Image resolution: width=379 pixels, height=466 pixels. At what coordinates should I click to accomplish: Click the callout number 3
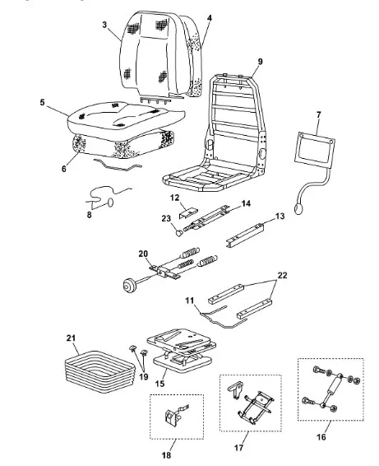[104, 25]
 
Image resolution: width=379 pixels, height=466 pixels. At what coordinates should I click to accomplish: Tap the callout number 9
[260, 62]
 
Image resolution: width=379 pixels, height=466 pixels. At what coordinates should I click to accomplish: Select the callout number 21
[71, 338]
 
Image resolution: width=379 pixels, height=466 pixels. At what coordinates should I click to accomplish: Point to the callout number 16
[321, 437]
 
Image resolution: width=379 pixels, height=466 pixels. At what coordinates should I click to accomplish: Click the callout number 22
[282, 275]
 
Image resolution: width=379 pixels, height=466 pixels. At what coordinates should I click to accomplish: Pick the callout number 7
[319, 114]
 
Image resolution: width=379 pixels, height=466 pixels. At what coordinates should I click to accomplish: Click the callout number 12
[175, 198]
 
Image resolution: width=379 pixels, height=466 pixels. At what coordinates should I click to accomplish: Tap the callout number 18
[167, 454]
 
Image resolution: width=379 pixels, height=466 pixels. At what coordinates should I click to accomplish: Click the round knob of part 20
[129, 286]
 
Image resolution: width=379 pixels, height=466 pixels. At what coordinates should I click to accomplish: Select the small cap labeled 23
[179, 232]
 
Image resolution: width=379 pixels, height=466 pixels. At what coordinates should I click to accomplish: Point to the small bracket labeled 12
[188, 212]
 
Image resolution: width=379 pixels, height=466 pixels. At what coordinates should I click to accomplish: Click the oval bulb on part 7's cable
[299, 208]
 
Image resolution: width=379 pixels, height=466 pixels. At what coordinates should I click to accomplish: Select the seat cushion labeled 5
[126, 118]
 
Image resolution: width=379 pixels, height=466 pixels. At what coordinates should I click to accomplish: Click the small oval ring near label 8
[110, 202]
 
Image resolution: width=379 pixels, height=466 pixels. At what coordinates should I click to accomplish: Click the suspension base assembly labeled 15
[182, 350]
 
